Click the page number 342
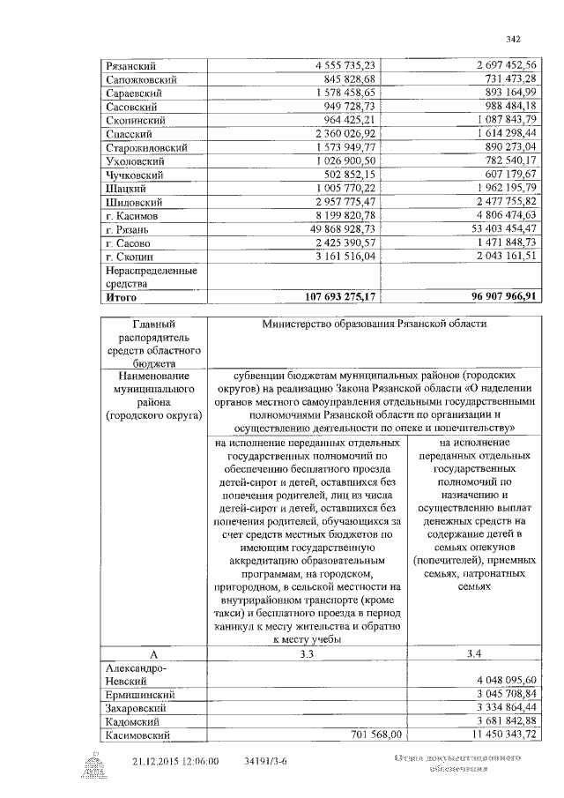coord(515,38)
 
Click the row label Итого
coord(122,298)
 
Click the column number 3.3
coord(304,653)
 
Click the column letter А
coord(152,653)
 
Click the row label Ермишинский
coord(138,694)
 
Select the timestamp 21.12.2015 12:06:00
coord(175,761)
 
